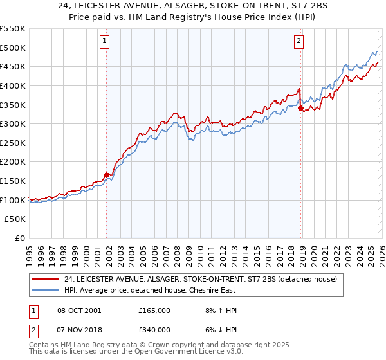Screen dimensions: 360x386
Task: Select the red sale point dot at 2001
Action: coord(106,174)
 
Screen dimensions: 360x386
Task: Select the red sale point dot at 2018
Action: coord(300,108)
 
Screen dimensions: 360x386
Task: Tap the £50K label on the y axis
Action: coord(15,219)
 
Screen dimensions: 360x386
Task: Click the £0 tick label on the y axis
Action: coord(20,239)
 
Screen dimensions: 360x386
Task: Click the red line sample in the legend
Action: coord(45,279)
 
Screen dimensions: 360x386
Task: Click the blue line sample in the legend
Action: coord(45,290)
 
